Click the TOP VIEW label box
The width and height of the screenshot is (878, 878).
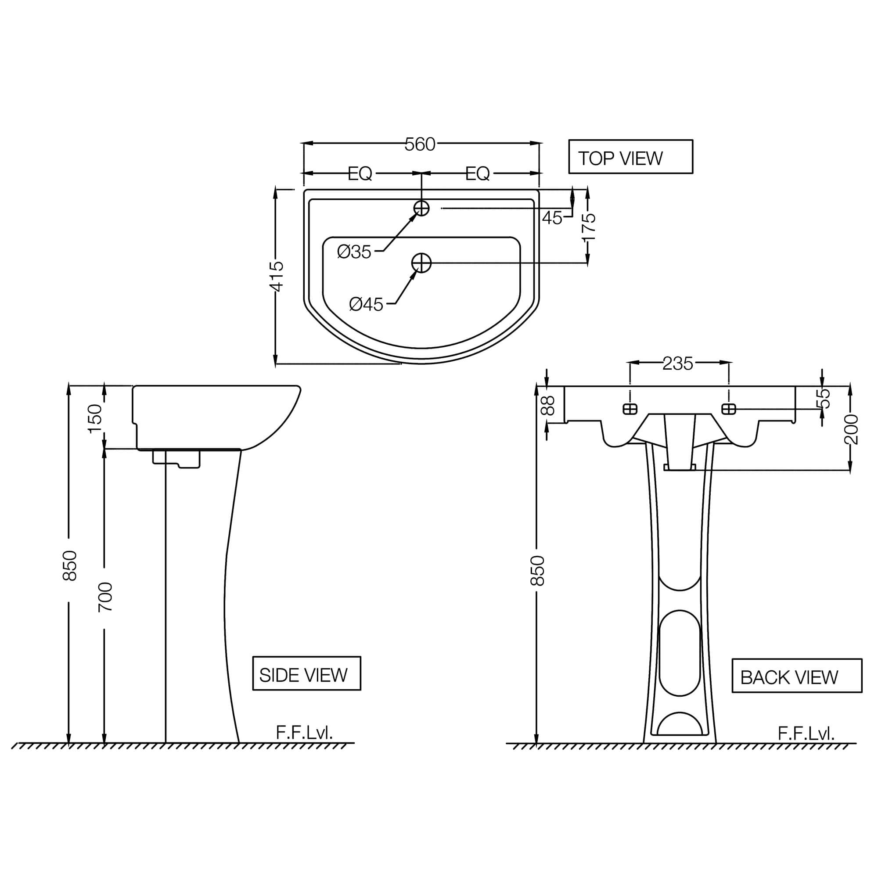(x=630, y=157)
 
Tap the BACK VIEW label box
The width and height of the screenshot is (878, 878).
(x=796, y=676)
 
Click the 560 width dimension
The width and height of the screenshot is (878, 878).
(x=420, y=144)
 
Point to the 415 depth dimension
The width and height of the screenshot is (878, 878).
(x=276, y=276)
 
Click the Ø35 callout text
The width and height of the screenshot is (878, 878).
(x=354, y=252)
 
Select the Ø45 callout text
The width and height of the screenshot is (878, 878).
(x=366, y=304)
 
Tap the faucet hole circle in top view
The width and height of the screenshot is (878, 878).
(x=421, y=208)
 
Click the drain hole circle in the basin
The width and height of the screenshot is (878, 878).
(x=421, y=263)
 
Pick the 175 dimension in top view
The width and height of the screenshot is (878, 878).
(x=589, y=227)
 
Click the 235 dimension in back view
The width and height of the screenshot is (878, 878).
(x=677, y=363)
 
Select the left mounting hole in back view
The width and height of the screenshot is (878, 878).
(x=630, y=409)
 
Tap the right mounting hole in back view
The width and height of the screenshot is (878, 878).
(x=728, y=409)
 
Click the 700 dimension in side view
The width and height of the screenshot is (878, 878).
(x=105, y=597)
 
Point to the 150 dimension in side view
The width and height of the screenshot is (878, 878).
(x=95, y=418)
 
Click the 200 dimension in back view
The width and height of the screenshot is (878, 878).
(x=851, y=429)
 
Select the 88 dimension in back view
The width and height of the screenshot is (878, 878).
(x=548, y=406)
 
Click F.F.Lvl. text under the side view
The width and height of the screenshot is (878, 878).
(x=304, y=733)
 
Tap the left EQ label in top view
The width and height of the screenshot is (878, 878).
(x=360, y=173)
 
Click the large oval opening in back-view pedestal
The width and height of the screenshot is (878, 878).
(x=680, y=654)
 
